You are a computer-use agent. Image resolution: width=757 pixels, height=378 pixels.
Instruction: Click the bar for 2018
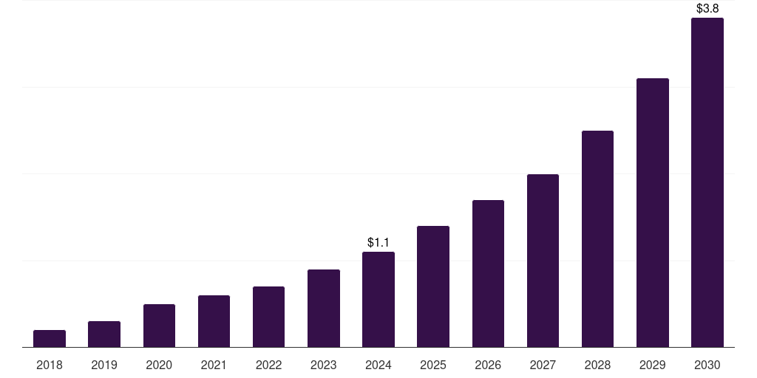pyautogui.click(x=50, y=339)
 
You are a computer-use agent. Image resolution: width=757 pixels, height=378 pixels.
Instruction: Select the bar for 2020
pyautogui.click(x=159, y=326)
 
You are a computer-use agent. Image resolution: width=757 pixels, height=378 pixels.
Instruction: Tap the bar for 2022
pyautogui.click(x=268, y=317)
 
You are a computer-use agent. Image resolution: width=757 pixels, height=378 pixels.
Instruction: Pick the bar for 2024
pyautogui.click(x=378, y=300)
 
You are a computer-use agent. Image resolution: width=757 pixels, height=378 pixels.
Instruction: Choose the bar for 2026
pyautogui.click(x=488, y=274)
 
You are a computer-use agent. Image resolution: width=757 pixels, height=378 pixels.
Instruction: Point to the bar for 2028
pyautogui.click(x=597, y=239)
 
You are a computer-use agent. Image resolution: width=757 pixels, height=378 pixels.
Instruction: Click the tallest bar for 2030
pyautogui.click(x=707, y=182)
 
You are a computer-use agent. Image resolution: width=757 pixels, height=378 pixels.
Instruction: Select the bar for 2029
pyautogui.click(x=653, y=213)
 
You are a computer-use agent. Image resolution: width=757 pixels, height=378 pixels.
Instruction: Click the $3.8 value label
pyautogui.click(x=707, y=9)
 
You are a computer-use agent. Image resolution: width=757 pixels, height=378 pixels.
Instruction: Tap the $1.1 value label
pyautogui.click(x=378, y=242)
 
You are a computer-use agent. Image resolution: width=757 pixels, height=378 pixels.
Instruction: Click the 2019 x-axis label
pyautogui.click(x=104, y=365)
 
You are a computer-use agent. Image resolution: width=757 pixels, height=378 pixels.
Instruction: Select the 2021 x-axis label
pyautogui.click(x=214, y=365)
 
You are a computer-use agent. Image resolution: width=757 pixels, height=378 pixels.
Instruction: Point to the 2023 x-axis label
pyautogui.click(x=324, y=365)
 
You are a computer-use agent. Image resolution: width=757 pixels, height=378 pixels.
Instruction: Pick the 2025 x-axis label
pyautogui.click(x=433, y=365)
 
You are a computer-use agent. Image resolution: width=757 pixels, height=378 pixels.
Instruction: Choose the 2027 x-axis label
pyautogui.click(x=543, y=365)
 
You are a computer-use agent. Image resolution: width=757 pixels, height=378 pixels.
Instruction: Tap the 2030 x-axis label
pyautogui.click(x=707, y=365)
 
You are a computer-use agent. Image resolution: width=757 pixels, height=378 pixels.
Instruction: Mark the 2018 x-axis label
pyautogui.click(x=50, y=365)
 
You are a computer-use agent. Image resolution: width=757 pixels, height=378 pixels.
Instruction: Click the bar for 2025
pyautogui.click(x=433, y=286)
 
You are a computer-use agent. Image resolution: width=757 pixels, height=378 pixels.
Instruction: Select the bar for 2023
pyautogui.click(x=324, y=309)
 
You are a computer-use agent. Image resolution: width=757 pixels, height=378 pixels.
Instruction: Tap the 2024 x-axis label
pyautogui.click(x=378, y=365)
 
